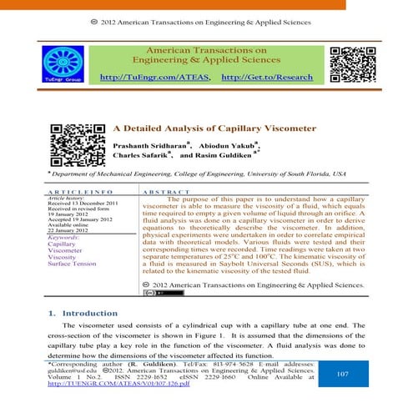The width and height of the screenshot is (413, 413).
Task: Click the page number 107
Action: point(341,375)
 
